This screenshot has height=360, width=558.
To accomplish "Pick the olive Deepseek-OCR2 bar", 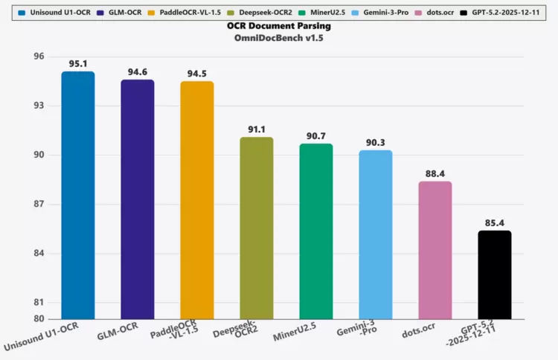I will point(256,228).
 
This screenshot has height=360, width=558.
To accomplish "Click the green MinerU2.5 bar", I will point(315,231).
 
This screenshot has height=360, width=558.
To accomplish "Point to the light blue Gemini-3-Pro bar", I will point(375,234).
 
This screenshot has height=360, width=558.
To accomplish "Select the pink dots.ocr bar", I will point(434,250).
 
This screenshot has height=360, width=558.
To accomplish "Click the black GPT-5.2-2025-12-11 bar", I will point(494,274).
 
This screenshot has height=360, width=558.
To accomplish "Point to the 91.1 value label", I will point(256,129).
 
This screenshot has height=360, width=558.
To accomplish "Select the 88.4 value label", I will point(434,173).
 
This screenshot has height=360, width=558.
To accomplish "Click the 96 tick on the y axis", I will point(39,57).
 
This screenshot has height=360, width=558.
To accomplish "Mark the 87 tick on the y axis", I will point(39,204).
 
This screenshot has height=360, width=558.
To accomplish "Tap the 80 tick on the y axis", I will point(39,318).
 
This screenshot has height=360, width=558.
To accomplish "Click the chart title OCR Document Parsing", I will point(278,26).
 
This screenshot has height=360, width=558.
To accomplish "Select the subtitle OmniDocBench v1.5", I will point(278,39).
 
